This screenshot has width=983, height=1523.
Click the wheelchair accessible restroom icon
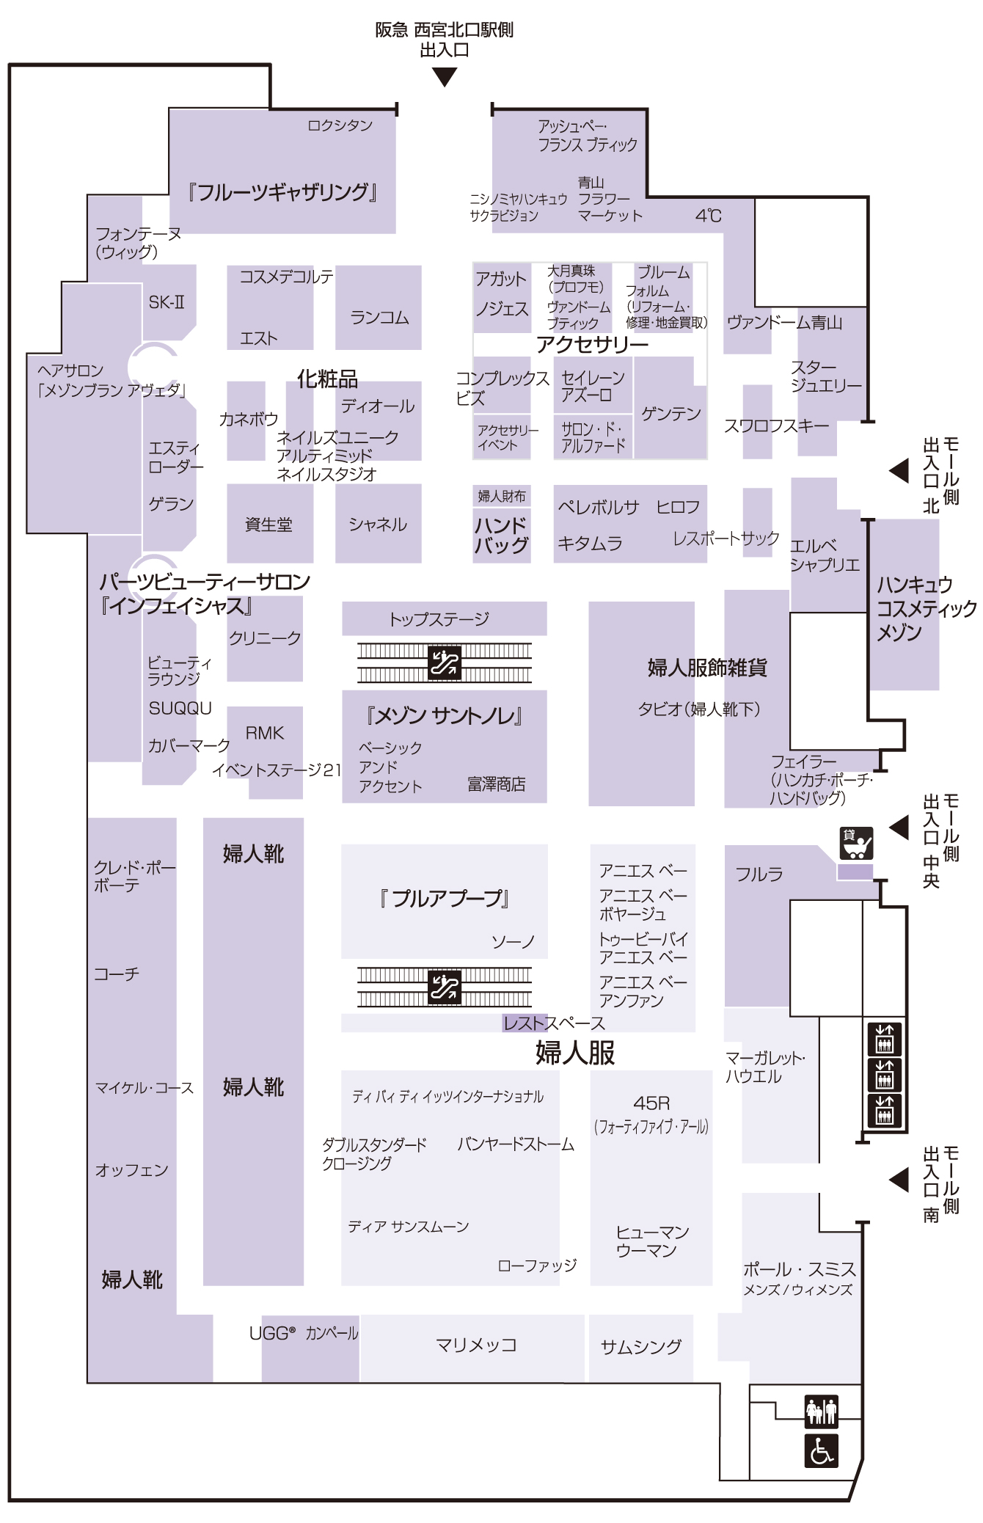point(821,1450)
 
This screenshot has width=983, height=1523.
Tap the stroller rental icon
point(856,843)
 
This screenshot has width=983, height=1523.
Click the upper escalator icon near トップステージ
point(445,662)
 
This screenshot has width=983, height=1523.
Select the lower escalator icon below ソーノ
point(445,986)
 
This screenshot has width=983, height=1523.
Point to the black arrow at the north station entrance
point(445,77)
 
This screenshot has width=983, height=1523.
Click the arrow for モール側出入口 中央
point(899,827)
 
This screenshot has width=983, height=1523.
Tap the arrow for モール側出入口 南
point(899,1180)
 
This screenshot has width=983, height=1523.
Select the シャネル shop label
point(378,525)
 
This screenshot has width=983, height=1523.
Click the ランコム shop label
point(379,318)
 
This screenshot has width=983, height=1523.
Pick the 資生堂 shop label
point(268,525)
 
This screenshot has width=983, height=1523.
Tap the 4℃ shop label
point(708,216)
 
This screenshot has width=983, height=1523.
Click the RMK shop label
point(264,733)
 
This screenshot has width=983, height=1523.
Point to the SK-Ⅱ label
point(167,302)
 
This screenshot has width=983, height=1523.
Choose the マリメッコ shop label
point(476,1345)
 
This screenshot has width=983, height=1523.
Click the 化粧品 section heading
point(327,379)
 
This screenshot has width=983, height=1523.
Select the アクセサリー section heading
point(592,344)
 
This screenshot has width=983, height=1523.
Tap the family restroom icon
point(821,1411)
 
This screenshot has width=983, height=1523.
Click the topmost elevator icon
point(885,1039)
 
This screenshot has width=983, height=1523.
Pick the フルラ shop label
point(759,874)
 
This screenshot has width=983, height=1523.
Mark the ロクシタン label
point(340,125)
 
